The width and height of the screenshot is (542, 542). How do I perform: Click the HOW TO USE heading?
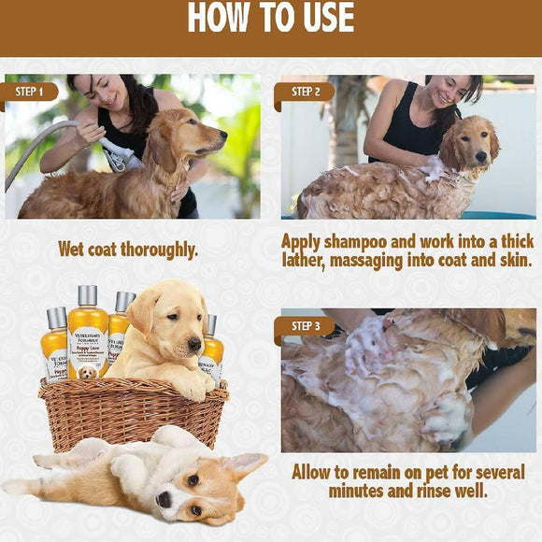[x=271, y=19]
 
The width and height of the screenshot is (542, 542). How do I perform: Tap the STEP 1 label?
[x=30, y=92]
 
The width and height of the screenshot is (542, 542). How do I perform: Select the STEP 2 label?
[x=305, y=92]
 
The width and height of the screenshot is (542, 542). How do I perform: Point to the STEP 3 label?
[x=305, y=327]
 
